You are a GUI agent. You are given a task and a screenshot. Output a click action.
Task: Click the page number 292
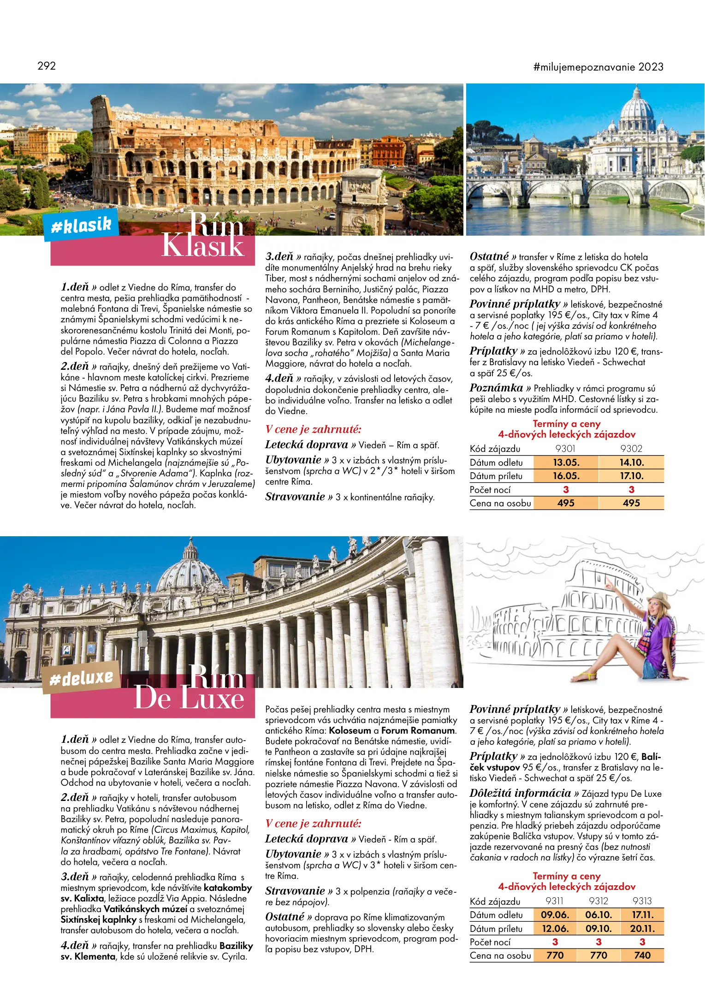click(47, 66)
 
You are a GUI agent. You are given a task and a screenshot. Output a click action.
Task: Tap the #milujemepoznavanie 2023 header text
click(598, 67)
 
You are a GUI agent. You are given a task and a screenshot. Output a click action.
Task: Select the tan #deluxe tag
click(82, 677)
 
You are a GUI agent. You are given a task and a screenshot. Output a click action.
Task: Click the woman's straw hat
click(658, 601)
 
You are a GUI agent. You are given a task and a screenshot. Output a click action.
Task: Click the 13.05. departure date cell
click(566, 462)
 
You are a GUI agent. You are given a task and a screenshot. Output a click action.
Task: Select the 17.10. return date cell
click(631, 476)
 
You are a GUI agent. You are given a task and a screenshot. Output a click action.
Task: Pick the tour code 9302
click(631, 449)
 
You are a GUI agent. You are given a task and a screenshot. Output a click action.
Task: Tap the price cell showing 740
click(642, 955)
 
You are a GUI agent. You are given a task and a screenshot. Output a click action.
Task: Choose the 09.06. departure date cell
click(555, 915)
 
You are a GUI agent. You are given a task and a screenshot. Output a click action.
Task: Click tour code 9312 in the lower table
click(598, 901)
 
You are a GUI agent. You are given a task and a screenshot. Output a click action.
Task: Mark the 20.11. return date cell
click(642, 929)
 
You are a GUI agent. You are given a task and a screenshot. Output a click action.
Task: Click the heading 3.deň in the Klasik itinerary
click(279, 257)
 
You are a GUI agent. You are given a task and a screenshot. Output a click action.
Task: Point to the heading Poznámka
click(496, 388)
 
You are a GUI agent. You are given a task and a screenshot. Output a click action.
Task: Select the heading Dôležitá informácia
click(520, 793)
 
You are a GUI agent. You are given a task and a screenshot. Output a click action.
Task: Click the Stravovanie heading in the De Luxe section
click(295, 891)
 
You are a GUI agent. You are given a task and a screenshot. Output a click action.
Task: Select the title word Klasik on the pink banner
click(202, 246)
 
